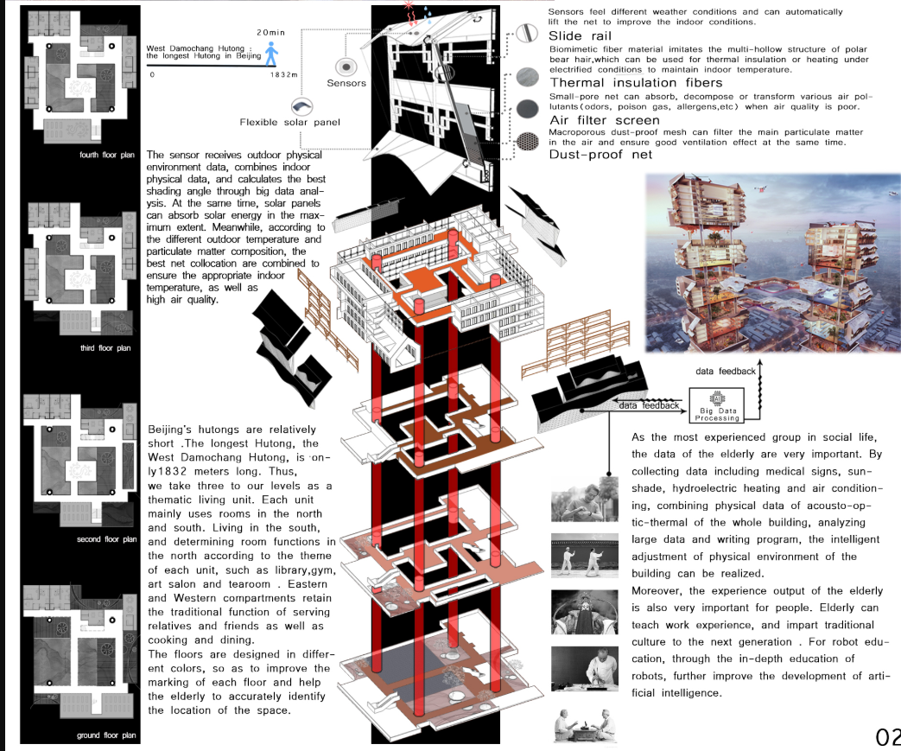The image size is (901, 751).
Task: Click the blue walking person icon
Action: pos(272,54)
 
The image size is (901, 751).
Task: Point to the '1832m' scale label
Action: pos(283,75)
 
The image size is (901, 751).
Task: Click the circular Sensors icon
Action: pos(346,67)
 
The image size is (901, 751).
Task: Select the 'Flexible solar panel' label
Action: pos(289,122)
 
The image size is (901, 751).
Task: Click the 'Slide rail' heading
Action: pos(581,36)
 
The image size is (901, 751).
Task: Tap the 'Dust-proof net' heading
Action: pos(601,155)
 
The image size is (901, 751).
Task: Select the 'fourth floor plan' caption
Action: pos(105,156)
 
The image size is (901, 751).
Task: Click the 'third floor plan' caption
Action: pos(105,348)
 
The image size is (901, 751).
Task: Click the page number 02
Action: pos(887,736)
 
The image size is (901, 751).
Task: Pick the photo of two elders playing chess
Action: pos(584,720)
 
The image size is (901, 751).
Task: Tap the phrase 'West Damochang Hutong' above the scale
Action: pos(200,48)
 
